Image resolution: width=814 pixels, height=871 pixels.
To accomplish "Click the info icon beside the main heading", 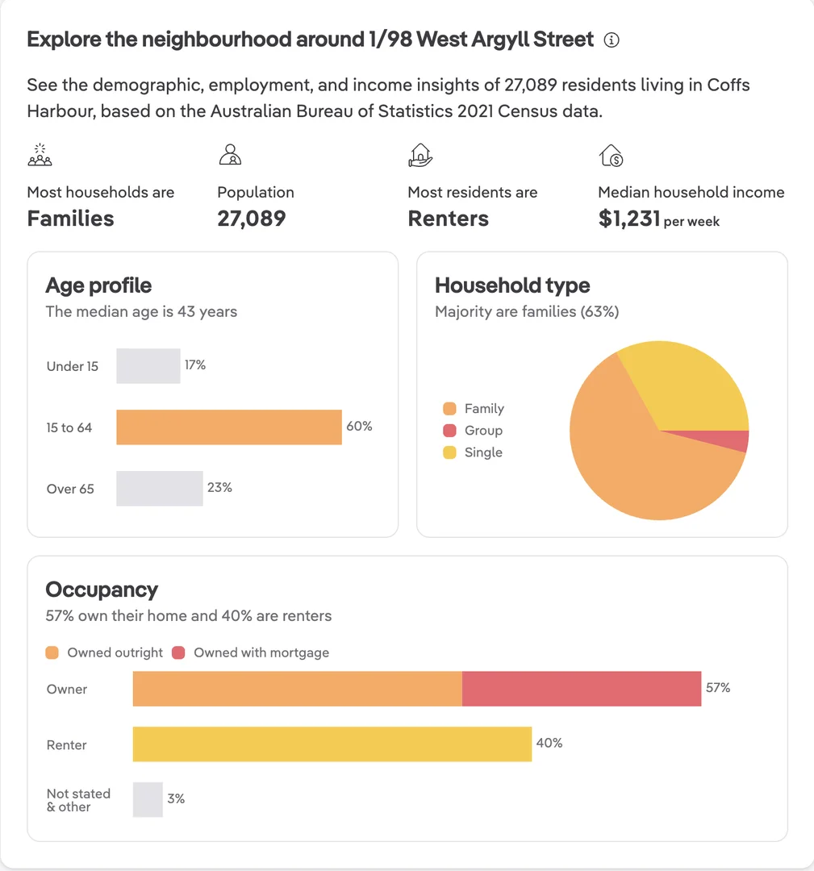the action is (612, 40).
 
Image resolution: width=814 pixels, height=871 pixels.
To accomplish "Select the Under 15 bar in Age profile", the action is (148, 366).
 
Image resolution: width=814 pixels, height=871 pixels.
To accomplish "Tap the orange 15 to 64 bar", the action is (229, 427).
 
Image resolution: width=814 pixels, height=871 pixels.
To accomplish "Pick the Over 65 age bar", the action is (160, 488).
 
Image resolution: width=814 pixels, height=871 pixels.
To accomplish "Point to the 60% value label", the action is (359, 426).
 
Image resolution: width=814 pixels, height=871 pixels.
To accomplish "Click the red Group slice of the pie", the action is (722, 440).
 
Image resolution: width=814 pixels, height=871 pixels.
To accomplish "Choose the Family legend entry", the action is (474, 409).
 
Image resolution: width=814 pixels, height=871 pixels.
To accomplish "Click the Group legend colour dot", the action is (449, 431).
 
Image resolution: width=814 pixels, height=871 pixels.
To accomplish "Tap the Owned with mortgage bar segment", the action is (581, 689).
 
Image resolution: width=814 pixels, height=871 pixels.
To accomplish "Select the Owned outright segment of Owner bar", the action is (297, 689).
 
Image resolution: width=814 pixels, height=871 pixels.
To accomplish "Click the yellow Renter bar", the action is (332, 744).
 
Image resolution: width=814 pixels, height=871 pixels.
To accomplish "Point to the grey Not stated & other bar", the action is (148, 800).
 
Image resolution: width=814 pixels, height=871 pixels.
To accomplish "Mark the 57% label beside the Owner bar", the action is (718, 688).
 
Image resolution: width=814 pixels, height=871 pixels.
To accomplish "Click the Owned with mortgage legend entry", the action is (251, 652).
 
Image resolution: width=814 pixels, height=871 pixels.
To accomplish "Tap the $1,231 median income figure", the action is (629, 219).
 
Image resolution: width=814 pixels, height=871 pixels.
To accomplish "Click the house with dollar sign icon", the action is (611, 156).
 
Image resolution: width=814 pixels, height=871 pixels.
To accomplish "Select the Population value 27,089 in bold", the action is (251, 219).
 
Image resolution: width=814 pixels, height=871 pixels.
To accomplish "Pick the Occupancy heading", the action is (102, 590).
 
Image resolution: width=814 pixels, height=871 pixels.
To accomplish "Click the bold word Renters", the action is (448, 219).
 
